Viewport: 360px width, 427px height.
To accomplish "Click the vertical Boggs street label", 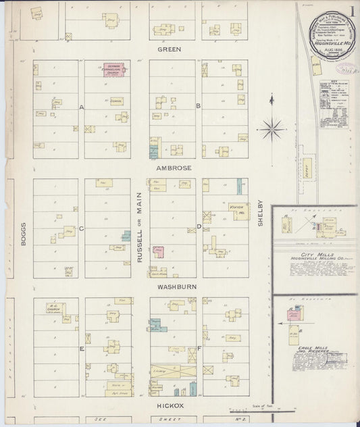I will tap(22, 233).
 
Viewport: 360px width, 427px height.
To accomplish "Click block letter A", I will tap(81, 107).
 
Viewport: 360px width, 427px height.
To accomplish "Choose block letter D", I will tap(198, 226).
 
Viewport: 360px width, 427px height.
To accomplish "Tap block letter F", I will tap(199, 349).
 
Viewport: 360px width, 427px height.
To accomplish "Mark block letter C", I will tap(81, 228).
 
